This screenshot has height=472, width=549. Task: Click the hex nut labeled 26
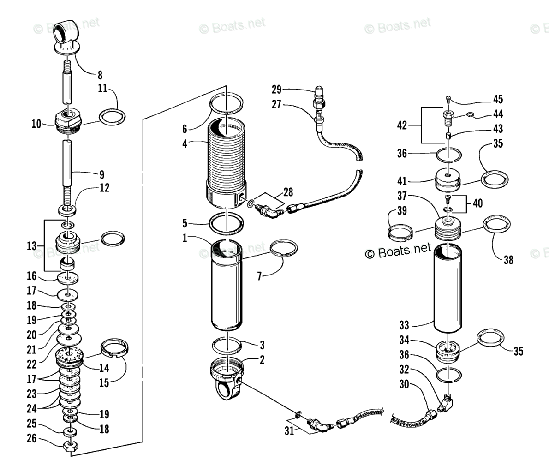pos(71,447)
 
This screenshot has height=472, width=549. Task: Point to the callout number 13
pos(31,246)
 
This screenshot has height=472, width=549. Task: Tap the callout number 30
pos(405,385)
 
